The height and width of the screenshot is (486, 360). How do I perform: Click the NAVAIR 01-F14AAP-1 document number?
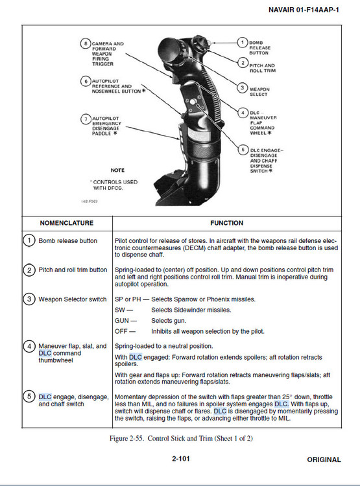coord(304,10)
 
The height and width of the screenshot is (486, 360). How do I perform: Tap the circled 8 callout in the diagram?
coord(86,43)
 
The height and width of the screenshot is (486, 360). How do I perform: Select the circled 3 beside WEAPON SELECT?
coord(243,88)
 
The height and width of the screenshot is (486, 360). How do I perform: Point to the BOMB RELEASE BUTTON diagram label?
coord(259,48)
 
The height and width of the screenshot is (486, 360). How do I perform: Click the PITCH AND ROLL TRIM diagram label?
coord(262,68)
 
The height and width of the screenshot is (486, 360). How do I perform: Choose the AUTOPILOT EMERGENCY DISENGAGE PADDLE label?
coord(105,126)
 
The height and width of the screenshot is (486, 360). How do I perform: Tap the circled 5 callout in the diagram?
coord(243,150)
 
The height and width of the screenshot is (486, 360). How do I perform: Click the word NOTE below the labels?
coord(117,170)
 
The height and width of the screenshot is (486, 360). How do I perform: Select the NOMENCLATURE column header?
coord(67,223)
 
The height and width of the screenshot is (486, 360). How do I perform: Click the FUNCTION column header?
coord(227,223)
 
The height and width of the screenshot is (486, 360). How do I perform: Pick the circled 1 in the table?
coord(29,240)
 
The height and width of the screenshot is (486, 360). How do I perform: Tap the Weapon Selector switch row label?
coord(73,299)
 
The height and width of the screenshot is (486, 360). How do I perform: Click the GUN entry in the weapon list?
coord(125,321)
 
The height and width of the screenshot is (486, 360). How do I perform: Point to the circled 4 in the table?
coord(29,346)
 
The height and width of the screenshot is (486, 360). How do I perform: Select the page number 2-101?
coord(181,459)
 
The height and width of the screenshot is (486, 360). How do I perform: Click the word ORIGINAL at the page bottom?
coord(324,459)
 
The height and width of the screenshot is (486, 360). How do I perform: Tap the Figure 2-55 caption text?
coord(181,438)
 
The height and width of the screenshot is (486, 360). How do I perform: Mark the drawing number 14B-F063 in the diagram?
coord(90,202)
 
